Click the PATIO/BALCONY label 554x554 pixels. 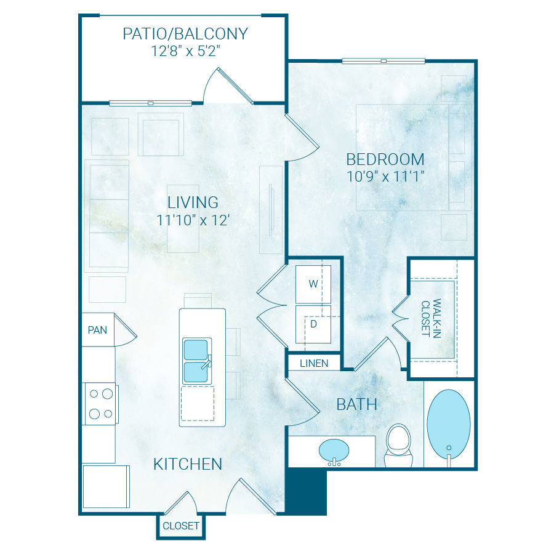pyautogui.click(x=185, y=34)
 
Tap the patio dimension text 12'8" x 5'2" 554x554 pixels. pyautogui.click(x=185, y=51)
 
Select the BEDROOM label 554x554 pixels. pyautogui.click(x=385, y=159)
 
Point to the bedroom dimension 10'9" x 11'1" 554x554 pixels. pyautogui.click(x=385, y=176)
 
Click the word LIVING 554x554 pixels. pyautogui.click(x=193, y=203)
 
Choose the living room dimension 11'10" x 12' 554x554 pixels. pyautogui.click(x=193, y=220)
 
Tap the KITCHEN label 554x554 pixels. pyautogui.click(x=188, y=464)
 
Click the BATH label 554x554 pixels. pyautogui.click(x=356, y=404)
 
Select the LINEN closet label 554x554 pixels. pyautogui.click(x=314, y=363)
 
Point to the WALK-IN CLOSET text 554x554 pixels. pyautogui.click(x=432, y=318)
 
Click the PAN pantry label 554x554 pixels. pyautogui.click(x=97, y=330)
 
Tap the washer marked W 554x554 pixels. pyautogui.click(x=313, y=284)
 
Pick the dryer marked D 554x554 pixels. pyautogui.click(x=313, y=324)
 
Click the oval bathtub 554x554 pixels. pyautogui.click(x=449, y=424)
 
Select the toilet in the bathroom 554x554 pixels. pyautogui.click(x=399, y=445)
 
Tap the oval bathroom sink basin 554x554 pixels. pyautogui.click(x=334, y=450)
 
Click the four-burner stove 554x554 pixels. pyautogui.click(x=100, y=403)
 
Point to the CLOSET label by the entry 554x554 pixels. pyautogui.click(x=180, y=526)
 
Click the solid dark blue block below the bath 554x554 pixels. pyautogui.click(x=306, y=491)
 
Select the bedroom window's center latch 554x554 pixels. pyautogui.click(x=383, y=61)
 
